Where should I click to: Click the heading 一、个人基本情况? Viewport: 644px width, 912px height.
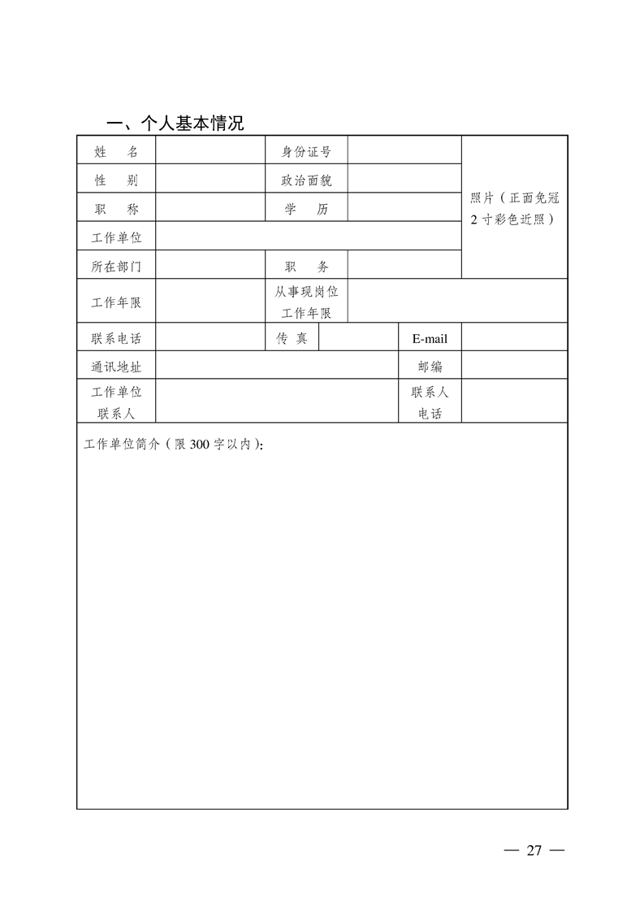point(175,123)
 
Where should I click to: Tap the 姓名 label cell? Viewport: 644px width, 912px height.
point(116,151)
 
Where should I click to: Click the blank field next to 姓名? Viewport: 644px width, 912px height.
point(210,151)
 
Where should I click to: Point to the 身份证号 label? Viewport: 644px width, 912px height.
point(306,151)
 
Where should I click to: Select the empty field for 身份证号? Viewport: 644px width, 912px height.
point(404,151)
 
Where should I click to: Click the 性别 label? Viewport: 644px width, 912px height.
point(116,180)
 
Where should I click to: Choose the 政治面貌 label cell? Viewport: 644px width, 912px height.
point(306,180)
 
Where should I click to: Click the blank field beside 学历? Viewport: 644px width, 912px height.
point(404,208)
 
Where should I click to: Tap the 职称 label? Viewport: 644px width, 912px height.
point(116,208)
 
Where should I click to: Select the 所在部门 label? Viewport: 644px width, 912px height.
point(116,266)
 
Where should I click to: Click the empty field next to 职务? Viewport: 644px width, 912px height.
point(404,266)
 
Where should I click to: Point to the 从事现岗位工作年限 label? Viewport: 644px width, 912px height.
point(306,302)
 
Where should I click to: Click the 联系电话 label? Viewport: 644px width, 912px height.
point(116,338)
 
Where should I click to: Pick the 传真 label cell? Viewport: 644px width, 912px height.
point(292,338)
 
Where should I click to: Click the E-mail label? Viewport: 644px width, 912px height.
point(430,338)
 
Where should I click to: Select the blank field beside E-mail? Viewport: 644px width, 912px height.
point(514,338)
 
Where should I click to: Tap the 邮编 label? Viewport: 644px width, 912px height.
point(430,366)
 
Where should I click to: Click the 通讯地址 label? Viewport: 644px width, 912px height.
point(116,366)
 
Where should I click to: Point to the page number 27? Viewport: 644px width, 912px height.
point(534,850)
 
